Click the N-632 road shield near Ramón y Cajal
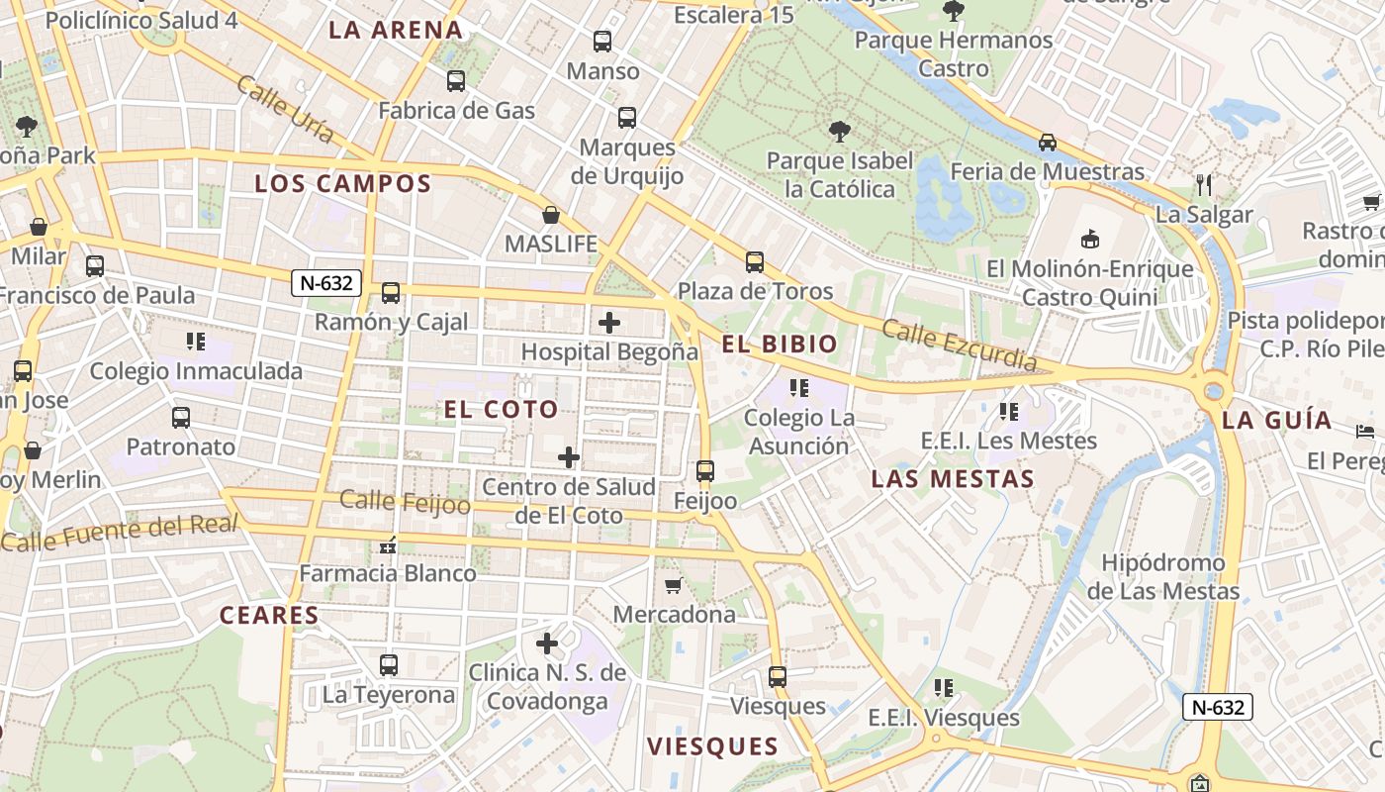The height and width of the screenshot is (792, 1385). (326, 283)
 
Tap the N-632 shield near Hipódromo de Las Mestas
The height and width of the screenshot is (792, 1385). (1218, 707)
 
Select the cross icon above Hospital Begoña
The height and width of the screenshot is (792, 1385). (609, 322)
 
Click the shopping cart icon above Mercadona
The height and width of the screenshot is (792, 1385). (674, 585)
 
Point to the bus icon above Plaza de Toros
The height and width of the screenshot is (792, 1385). (755, 262)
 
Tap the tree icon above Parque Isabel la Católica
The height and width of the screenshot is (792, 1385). (839, 131)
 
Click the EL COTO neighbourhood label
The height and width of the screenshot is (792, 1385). (501, 409)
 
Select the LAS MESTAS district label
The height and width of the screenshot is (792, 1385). (953, 479)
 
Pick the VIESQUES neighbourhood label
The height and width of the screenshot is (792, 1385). (712, 745)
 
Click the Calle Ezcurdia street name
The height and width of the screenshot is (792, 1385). (959, 345)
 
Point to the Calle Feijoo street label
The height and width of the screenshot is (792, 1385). (405, 501)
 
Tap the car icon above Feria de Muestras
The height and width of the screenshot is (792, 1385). (1048, 143)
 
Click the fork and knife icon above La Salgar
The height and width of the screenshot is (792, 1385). (1204, 185)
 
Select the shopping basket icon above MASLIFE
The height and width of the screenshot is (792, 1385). (551, 215)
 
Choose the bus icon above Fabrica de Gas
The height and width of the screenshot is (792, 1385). (456, 81)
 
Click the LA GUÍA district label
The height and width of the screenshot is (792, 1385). (1276, 419)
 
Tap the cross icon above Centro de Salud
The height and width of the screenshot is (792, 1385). (569, 457)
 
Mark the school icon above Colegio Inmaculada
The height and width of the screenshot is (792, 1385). (196, 342)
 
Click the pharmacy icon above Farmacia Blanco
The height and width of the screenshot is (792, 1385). (388, 544)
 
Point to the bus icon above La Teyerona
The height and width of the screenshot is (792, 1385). (389, 665)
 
